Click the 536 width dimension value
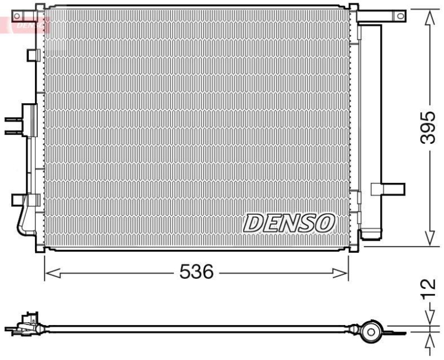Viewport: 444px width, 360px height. [197, 272]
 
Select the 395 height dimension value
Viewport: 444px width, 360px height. [427, 127]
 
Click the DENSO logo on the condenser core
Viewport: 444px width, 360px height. [289, 223]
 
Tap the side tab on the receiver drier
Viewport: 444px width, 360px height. [388, 189]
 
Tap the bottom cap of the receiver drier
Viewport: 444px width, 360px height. [371, 233]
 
